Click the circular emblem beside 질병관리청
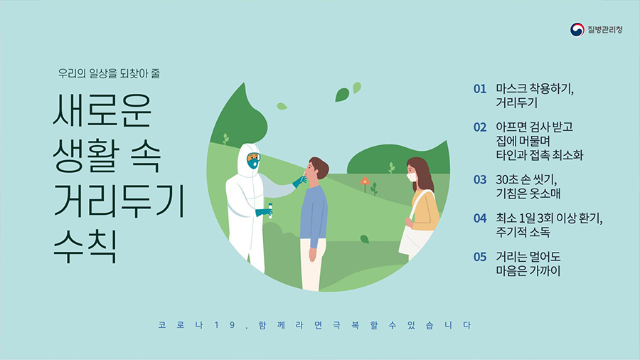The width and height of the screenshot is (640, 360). point(577,29)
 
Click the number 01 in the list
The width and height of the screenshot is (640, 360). point(480,89)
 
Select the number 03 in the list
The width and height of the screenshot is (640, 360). point(480,180)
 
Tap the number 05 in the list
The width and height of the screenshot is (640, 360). point(480,257)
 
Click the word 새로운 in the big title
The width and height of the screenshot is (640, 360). point(102,110)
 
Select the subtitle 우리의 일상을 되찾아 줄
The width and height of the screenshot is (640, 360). point(109,73)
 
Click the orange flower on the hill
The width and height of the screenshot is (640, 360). point(365,181)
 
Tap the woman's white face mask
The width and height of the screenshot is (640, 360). point(412,177)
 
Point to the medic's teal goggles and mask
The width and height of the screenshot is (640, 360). point(253,160)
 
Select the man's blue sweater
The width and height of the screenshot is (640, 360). point(314,215)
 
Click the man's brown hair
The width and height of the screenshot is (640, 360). point(319,166)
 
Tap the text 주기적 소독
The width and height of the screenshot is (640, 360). point(523,232)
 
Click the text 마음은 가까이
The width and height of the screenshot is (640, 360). point(528,271)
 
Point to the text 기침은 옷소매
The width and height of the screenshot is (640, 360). point(528,194)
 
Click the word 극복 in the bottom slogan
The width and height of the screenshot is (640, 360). point(346,325)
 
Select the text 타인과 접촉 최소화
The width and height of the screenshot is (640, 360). point(540,155)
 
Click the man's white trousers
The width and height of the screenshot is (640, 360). point(312,265)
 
